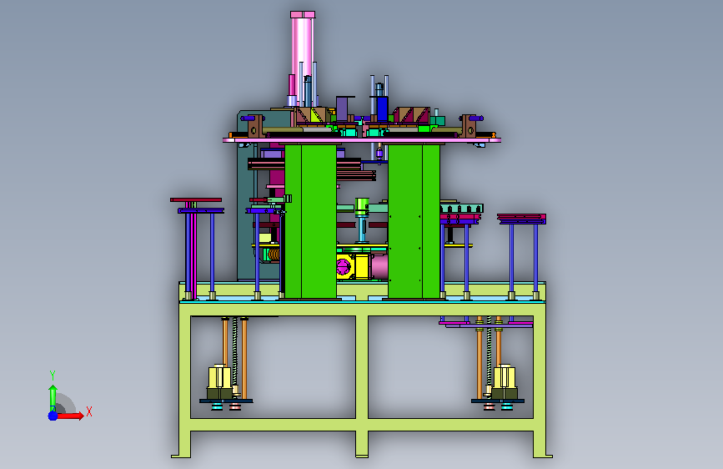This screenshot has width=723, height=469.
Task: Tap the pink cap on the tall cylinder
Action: point(303,15)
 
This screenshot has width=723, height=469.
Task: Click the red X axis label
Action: point(89,411)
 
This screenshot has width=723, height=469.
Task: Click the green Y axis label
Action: point(53,376)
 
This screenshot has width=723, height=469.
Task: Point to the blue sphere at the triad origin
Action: point(53,416)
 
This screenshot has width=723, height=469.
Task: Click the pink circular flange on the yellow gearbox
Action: point(344,266)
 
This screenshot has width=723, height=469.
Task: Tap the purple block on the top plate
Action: point(342,109)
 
